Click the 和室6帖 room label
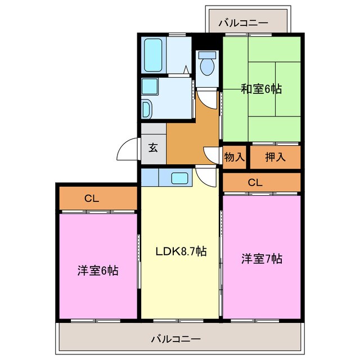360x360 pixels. (262, 88)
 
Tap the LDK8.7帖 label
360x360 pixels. (181, 251)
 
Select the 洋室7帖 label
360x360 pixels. (262, 259)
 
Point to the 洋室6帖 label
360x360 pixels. (97, 270)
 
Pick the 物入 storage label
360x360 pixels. (234, 157)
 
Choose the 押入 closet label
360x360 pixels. (275, 157)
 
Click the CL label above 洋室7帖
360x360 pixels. (255, 182)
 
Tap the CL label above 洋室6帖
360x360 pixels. (92, 198)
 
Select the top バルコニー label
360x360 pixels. (243, 23)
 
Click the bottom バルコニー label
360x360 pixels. (175, 339)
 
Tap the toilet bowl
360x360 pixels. (207, 65)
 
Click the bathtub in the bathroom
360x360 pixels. (153, 55)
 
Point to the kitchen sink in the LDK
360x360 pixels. (179, 178)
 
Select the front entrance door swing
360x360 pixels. (127, 150)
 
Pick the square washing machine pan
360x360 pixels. (150, 86)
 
